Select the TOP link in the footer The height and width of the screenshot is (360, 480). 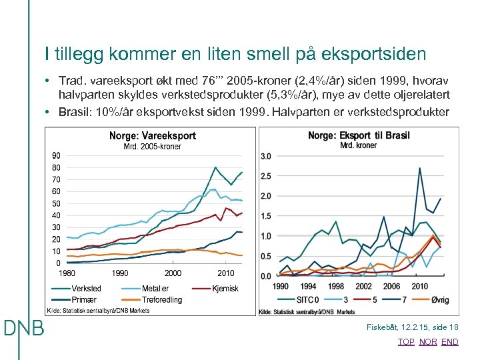(x=406, y=341)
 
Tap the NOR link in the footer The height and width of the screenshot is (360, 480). (x=428, y=341)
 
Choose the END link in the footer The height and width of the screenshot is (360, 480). (x=450, y=341)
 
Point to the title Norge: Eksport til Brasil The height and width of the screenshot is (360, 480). (x=358, y=135)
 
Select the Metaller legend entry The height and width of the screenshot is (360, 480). (x=155, y=289)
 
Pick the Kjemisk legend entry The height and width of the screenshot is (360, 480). (x=225, y=289)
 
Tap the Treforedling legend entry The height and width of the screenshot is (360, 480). (x=161, y=299)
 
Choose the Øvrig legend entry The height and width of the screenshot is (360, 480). (x=439, y=299)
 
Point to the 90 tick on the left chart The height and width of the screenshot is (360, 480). (x=57, y=155)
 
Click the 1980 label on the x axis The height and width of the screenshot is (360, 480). (x=66, y=273)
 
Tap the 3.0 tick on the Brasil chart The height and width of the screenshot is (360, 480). (x=265, y=156)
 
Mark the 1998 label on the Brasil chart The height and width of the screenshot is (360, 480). (x=336, y=286)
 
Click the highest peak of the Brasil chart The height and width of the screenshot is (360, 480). (x=420, y=168)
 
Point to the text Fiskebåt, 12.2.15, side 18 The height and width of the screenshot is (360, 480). (x=413, y=327)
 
